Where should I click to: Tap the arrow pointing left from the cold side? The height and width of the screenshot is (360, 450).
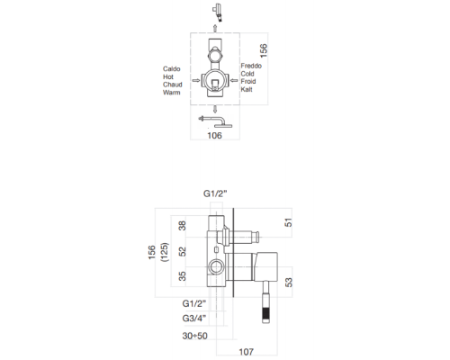(x=236, y=80)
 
